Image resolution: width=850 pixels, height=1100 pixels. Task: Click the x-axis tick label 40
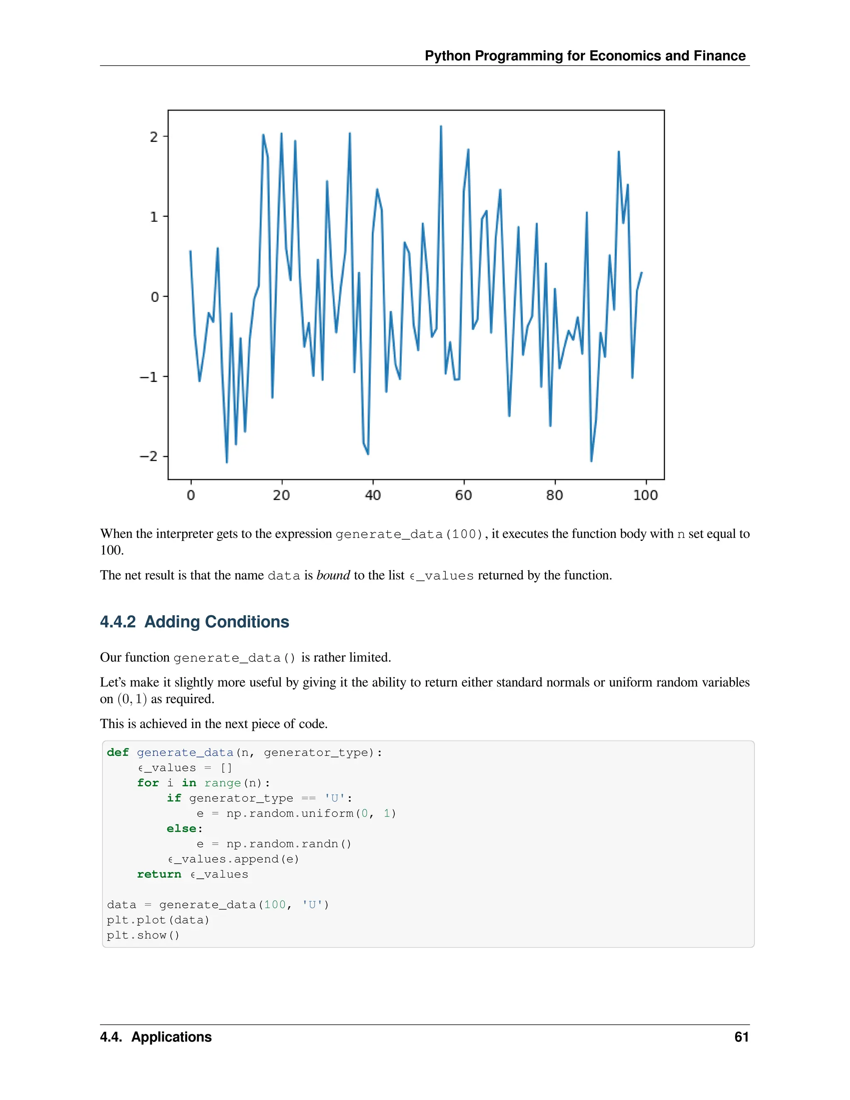click(373, 495)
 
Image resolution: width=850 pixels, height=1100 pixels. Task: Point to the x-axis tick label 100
click(645, 495)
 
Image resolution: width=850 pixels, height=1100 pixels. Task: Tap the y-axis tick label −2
click(149, 456)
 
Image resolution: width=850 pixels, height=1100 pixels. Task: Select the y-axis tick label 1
click(154, 217)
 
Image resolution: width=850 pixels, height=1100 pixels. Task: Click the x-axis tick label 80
click(554, 495)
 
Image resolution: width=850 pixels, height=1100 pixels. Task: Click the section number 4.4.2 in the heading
click(118, 622)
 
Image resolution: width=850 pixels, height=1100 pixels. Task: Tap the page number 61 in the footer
click(741, 1037)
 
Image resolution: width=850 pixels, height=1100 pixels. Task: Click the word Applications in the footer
click(171, 1037)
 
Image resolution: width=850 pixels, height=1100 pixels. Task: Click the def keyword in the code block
click(118, 753)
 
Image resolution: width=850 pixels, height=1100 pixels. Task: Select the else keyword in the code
click(181, 829)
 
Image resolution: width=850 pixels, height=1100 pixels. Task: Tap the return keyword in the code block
click(159, 874)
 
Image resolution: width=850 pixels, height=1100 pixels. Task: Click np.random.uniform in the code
click(290, 814)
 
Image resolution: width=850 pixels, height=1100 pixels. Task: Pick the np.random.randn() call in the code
click(288, 843)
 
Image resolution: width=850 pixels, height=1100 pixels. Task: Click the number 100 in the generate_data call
click(275, 904)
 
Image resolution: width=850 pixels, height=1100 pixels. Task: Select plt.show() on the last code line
click(143, 935)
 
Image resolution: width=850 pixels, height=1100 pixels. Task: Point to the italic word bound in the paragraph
click(333, 575)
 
